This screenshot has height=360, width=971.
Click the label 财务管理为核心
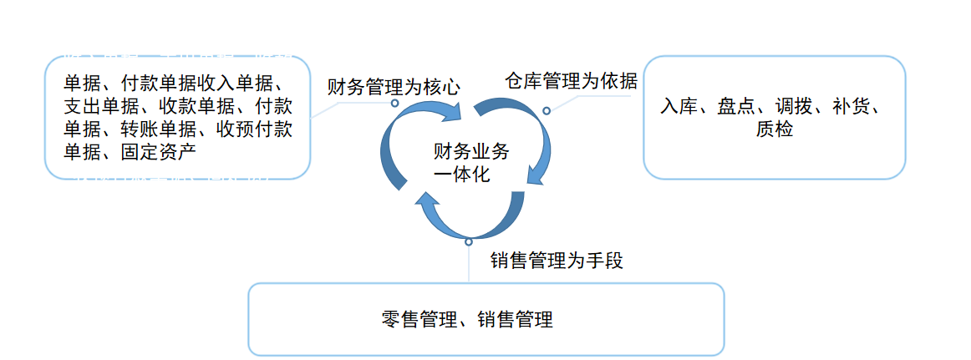coord(393,86)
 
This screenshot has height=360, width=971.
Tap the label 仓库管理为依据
coord(571,81)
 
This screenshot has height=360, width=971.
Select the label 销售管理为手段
coord(557,261)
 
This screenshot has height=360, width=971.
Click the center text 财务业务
coord(470,151)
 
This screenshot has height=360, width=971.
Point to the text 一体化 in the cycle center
coord(461,175)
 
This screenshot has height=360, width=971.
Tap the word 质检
coord(774,129)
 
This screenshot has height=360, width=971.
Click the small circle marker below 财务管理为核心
coord(395,104)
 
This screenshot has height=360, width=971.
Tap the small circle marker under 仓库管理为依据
coord(547,110)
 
